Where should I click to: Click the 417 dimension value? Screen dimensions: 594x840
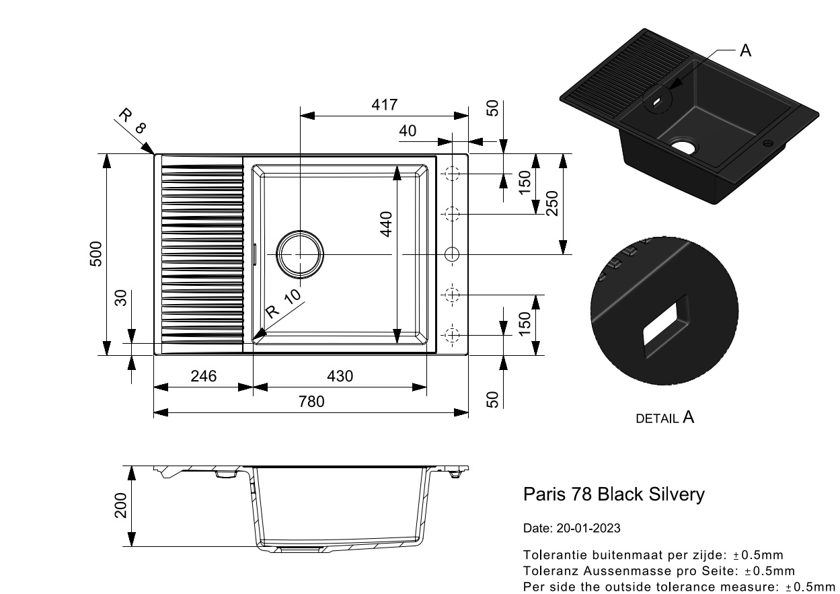click(x=385, y=105)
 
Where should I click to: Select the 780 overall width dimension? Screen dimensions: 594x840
click(x=311, y=402)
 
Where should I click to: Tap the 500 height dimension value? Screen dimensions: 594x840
click(x=96, y=254)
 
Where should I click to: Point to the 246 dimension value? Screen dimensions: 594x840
click(x=203, y=376)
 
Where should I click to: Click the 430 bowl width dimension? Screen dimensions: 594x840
click(x=340, y=376)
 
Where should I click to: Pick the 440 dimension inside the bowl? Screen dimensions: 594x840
click(x=386, y=224)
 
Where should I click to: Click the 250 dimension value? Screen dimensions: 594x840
click(x=551, y=204)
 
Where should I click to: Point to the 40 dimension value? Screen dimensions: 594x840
click(x=408, y=131)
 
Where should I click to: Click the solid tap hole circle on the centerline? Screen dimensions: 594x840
click(x=452, y=254)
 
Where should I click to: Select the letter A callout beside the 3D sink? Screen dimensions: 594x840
click(x=745, y=50)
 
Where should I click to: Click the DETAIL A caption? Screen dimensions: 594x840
click(x=664, y=418)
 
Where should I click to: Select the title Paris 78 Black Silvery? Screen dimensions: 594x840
click(x=613, y=494)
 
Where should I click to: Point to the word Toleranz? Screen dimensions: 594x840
click(x=549, y=571)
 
